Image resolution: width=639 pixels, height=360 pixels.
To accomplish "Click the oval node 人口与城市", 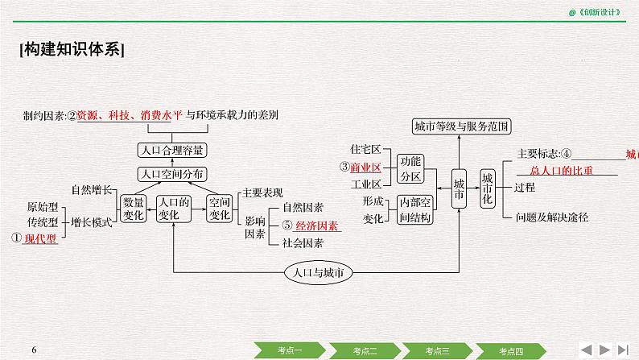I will tap(319, 273).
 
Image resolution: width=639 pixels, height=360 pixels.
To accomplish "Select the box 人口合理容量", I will tap(171, 149).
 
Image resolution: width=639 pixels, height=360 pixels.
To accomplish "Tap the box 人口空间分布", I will tap(171, 172).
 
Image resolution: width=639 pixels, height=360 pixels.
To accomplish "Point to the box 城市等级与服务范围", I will tap(461, 126).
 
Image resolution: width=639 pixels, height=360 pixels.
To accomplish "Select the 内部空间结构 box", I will tap(415, 209).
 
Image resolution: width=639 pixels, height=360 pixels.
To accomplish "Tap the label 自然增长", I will tap(91, 190).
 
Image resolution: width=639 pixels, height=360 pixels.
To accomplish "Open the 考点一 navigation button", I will tap(291, 350).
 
